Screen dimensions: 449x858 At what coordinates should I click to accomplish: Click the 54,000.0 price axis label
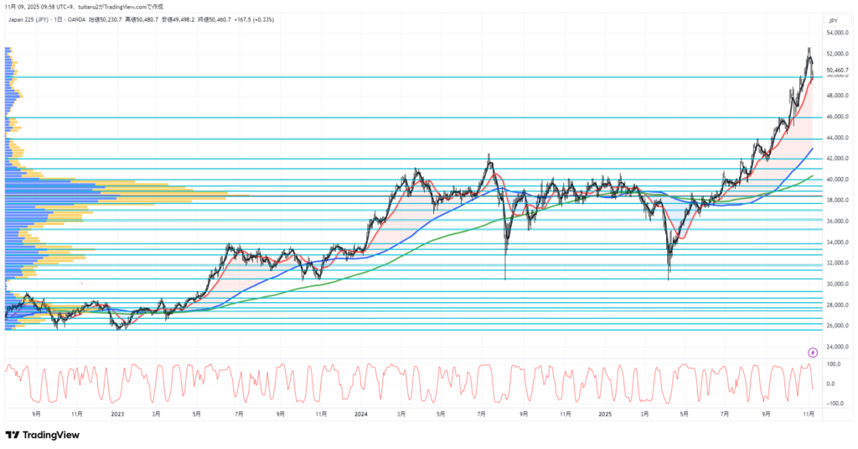click(x=839, y=34)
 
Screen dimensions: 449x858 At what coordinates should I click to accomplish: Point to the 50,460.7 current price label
click(x=839, y=70)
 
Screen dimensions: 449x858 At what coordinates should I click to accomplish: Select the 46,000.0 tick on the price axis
click(x=839, y=117)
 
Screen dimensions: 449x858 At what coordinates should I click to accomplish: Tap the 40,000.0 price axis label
click(x=839, y=180)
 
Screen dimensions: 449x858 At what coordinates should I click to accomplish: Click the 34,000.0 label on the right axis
click(x=839, y=243)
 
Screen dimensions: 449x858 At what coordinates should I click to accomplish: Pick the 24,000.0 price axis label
click(x=839, y=347)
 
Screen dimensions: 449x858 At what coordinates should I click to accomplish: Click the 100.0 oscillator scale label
click(x=835, y=364)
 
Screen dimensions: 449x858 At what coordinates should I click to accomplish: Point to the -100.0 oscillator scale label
click(x=835, y=404)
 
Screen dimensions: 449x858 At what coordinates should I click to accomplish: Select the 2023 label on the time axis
click(x=117, y=414)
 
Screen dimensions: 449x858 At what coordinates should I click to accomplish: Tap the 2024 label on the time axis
click(x=361, y=414)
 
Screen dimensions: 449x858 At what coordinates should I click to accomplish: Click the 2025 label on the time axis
click(x=605, y=414)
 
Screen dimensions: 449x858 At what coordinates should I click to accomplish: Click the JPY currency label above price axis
click(x=833, y=20)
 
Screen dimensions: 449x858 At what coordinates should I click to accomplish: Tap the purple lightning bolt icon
click(x=812, y=352)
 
